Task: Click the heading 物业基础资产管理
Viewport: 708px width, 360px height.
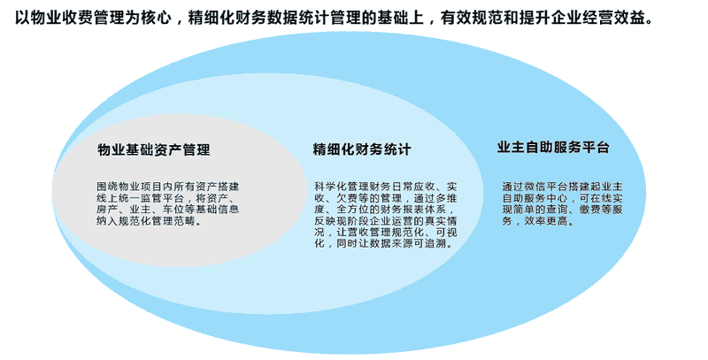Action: tap(153, 149)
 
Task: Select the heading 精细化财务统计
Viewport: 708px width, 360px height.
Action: tap(362, 149)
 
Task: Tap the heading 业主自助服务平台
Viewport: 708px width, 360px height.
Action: tap(553, 148)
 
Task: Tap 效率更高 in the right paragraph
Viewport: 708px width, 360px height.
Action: tap(546, 221)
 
